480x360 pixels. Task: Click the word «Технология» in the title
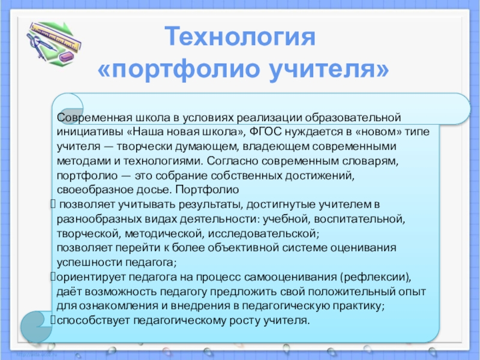pos(240,37)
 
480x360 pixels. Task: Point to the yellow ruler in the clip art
pos(56,37)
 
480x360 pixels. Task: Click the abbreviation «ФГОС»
pos(265,131)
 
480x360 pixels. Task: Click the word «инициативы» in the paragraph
pos(90,132)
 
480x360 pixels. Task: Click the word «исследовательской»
pos(263,233)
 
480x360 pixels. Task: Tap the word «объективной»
pos(244,248)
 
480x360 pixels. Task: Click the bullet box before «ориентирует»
pos(53,277)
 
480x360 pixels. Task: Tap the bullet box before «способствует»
pos(53,320)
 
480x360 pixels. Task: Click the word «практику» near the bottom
pos(358,306)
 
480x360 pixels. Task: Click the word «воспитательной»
pos(359,219)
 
